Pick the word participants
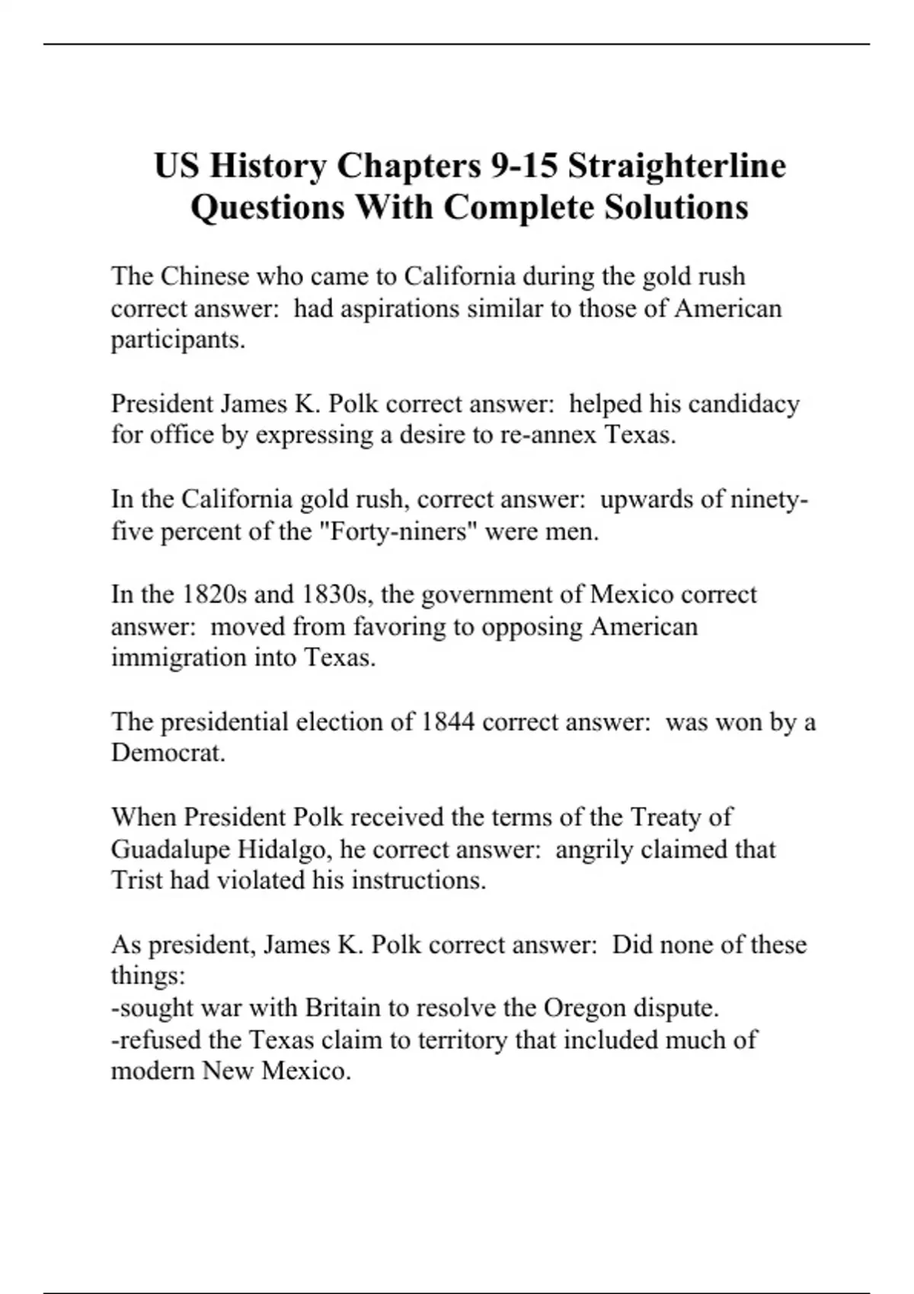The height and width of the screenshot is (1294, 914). pyautogui.click(x=178, y=340)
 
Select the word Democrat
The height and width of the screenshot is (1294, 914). pyautogui.click(x=168, y=753)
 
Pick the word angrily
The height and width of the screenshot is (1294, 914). pyautogui.click(x=594, y=849)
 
